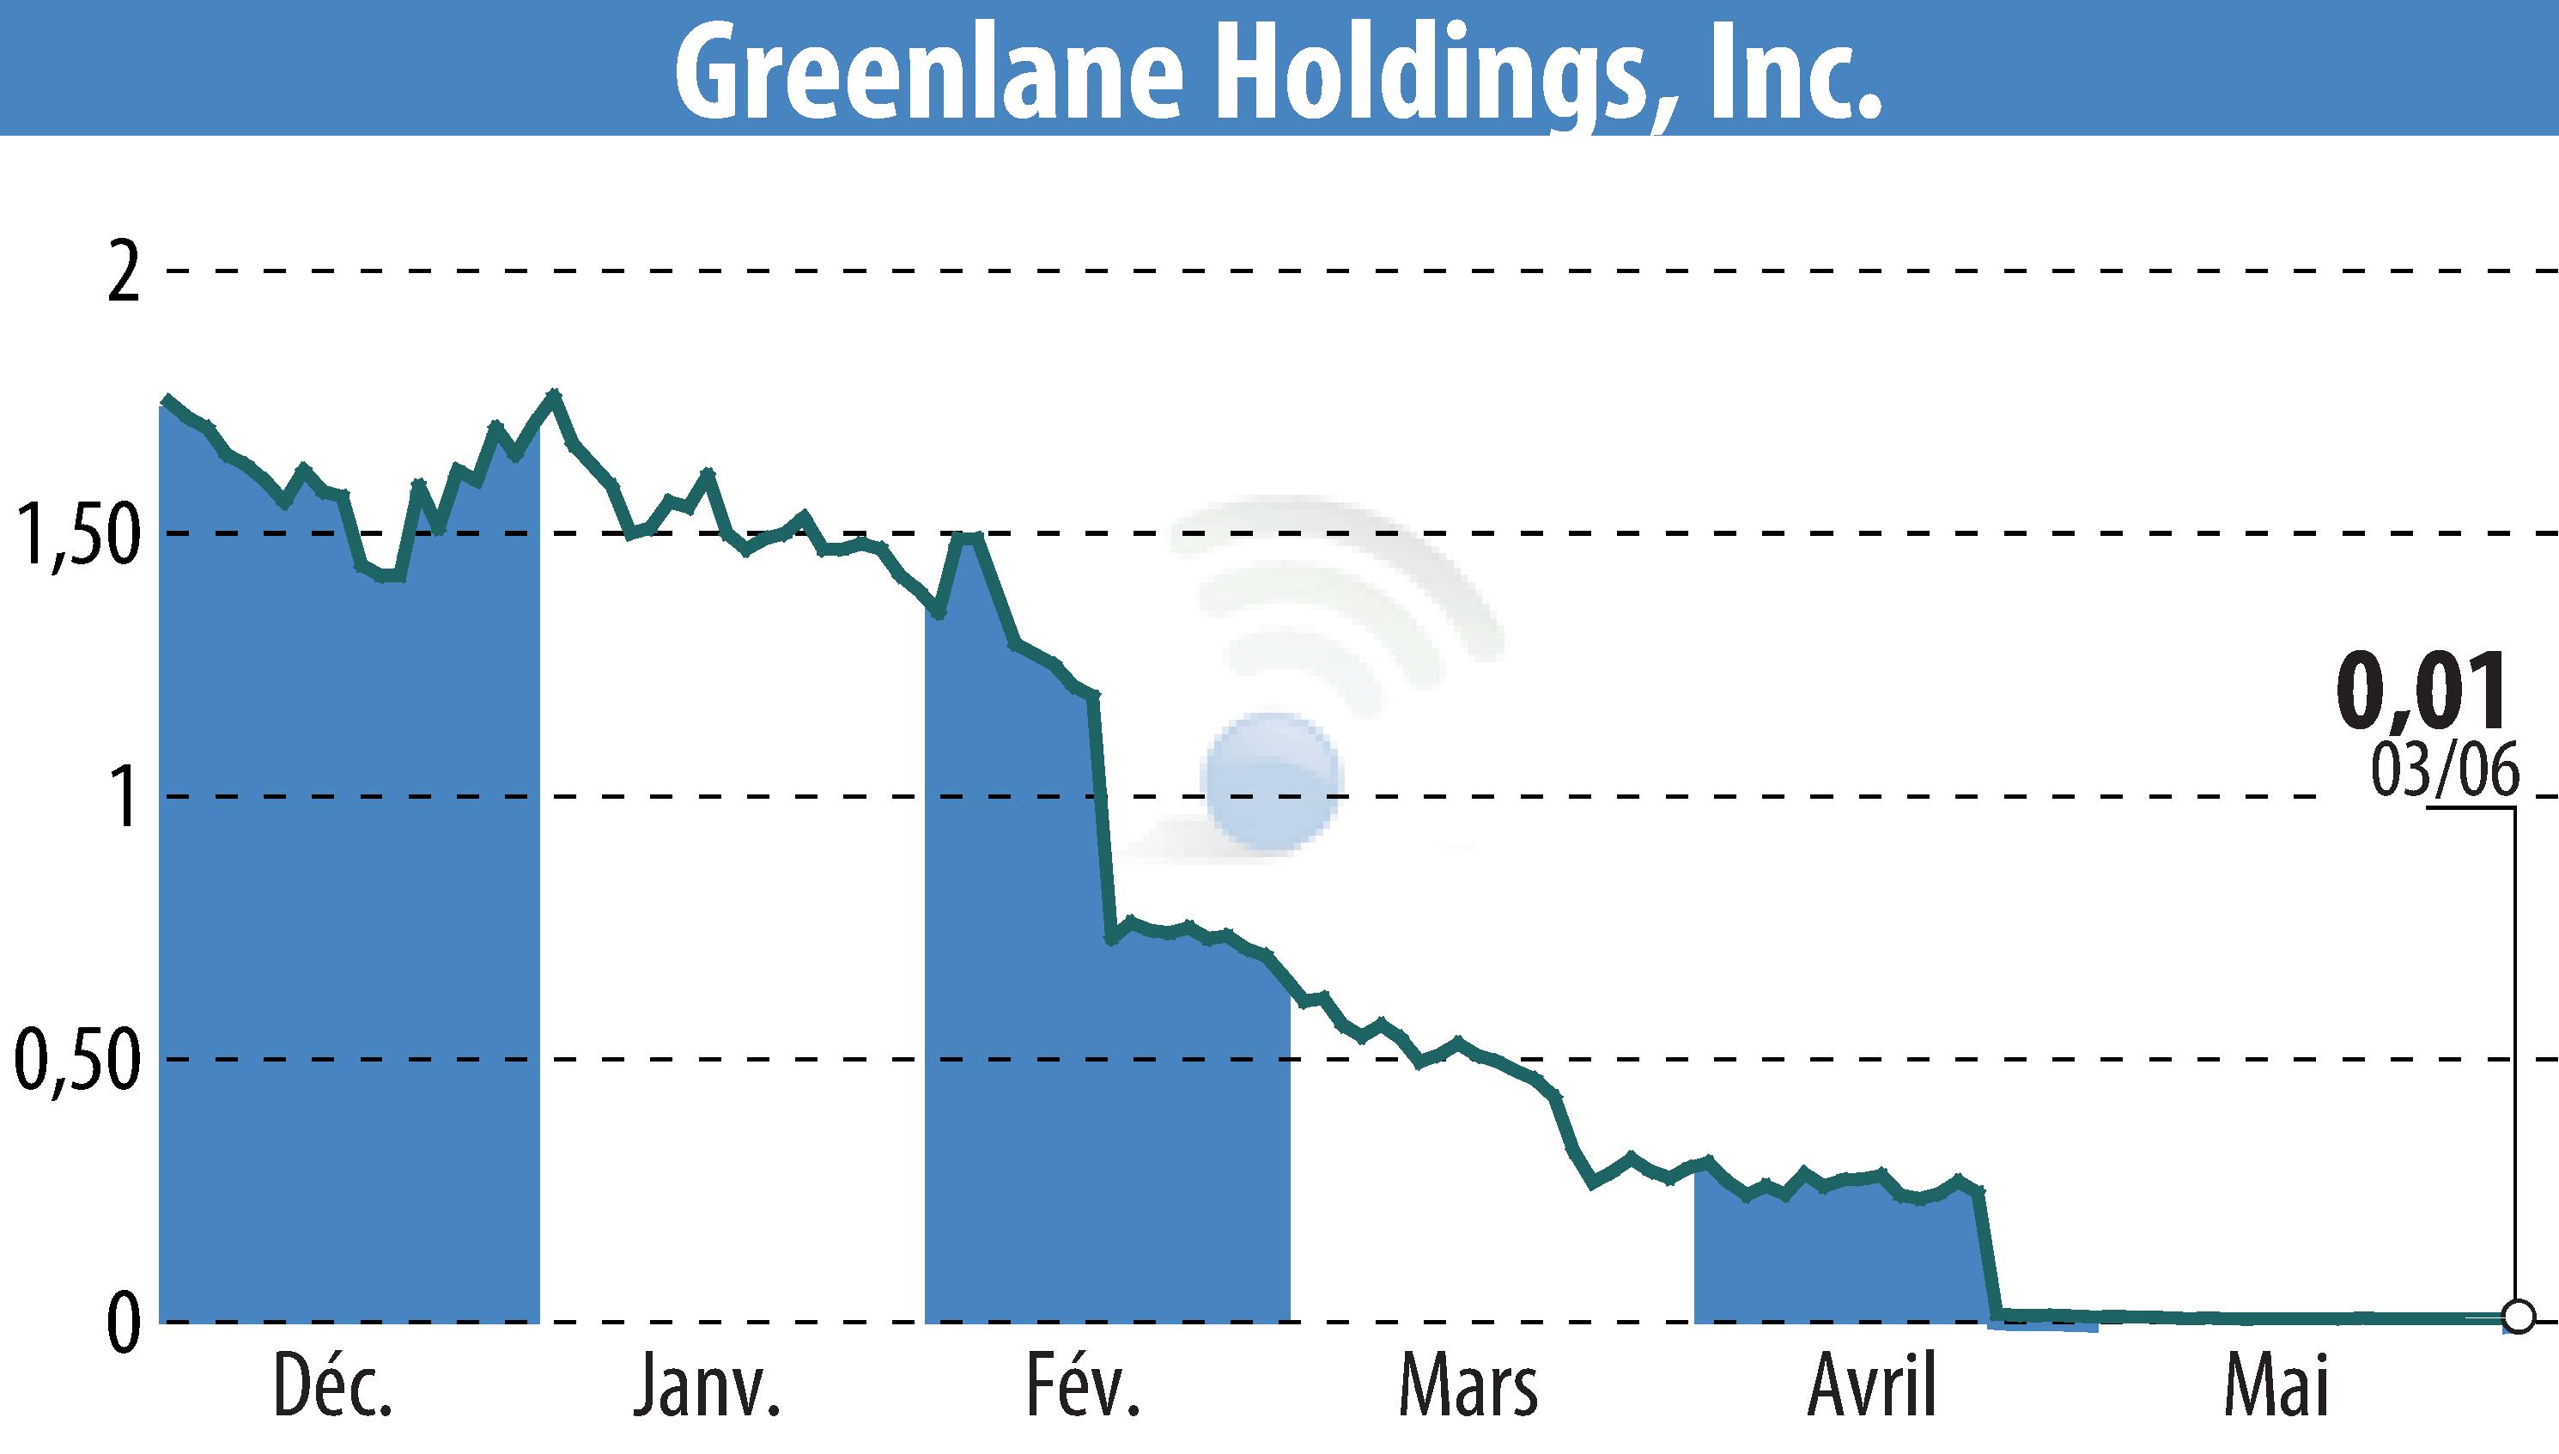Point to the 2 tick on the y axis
tap(122, 272)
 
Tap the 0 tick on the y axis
tap(122, 1324)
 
